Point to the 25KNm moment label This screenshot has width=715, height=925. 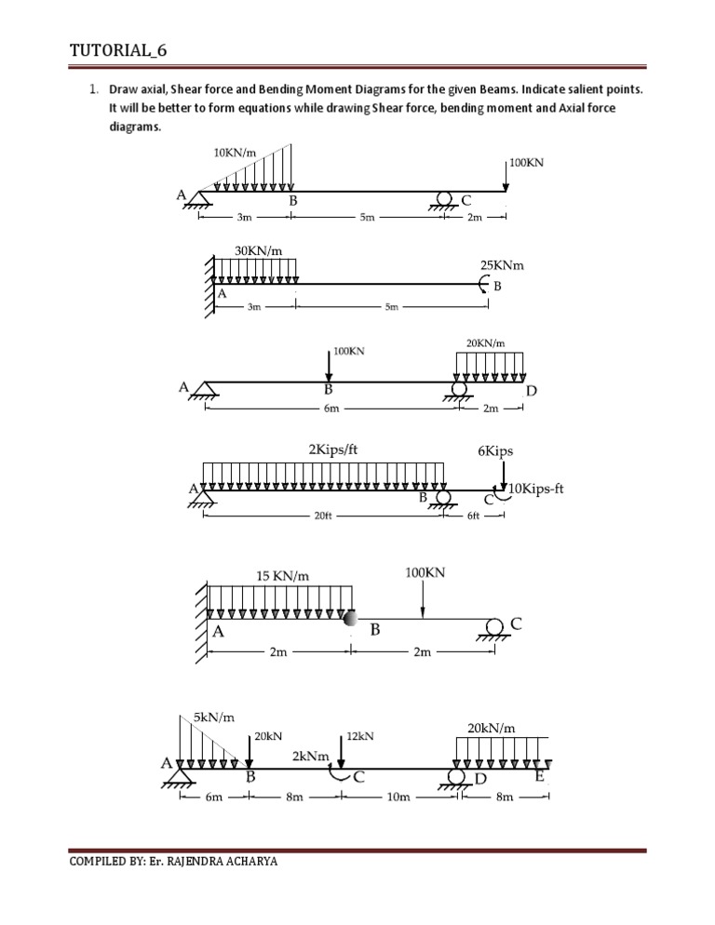502,265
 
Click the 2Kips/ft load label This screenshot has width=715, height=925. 332,449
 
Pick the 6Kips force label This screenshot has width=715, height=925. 494,451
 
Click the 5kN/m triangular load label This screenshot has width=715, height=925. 213,717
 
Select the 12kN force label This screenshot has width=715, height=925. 359,735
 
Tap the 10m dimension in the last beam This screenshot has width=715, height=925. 395,798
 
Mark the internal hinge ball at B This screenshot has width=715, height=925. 350,619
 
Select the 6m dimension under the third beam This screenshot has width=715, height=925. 329,408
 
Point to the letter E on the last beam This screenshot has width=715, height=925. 540,775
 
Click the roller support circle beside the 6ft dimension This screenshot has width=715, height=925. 443,498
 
